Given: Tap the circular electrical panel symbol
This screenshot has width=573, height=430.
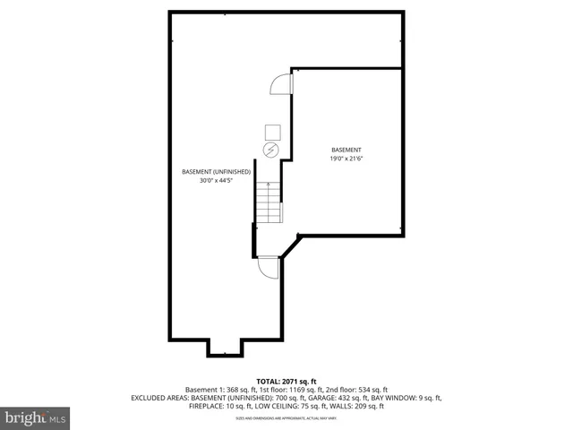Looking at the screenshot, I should coord(271,149).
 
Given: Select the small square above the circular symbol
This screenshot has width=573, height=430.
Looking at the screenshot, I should coord(271,130).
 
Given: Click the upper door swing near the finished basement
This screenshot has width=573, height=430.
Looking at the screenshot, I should coord(280,84).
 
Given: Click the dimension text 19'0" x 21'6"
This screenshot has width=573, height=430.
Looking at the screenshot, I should coord(346,159).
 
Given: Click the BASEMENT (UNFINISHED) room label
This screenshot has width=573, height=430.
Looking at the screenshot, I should coord(210,171).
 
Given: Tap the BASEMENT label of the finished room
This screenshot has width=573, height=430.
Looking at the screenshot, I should coord(346,150).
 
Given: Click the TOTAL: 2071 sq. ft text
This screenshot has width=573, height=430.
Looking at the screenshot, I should coord(286,381).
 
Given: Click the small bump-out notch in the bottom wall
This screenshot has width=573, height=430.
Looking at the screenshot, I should coord(225,348).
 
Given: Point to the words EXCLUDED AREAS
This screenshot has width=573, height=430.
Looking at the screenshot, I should coord(160,398).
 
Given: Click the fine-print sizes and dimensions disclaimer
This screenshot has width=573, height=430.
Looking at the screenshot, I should coord(286,417).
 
